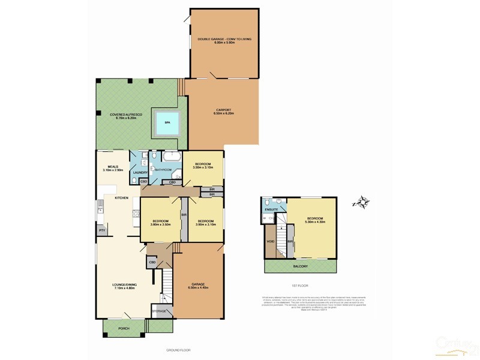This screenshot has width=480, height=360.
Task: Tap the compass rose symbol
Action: [362, 202]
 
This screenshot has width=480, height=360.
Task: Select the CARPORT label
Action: [224, 110]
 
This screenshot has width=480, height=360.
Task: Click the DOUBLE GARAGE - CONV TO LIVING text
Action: [224, 39]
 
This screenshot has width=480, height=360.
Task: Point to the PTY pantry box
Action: [102, 230]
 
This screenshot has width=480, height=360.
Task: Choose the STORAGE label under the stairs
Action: [159, 311]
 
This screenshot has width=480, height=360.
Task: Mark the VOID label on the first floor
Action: [270, 241]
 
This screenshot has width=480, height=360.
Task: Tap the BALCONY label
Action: [300, 265]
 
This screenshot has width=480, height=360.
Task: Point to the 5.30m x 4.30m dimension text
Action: [315, 222]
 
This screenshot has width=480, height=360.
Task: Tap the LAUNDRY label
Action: [140, 173]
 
